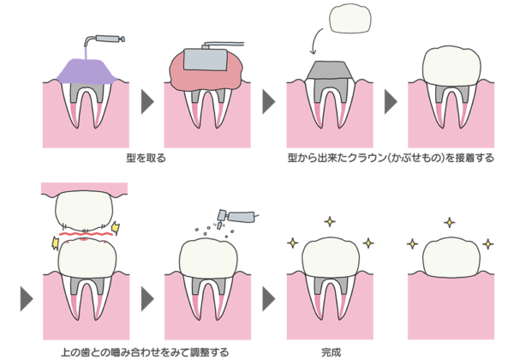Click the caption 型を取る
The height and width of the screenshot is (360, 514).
pyautogui.click(x=146, y=158)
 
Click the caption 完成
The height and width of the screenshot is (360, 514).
pyautogui.click(x=331, y=352)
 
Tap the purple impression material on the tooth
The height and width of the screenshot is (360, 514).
pyautogui.click(x=87, y=71)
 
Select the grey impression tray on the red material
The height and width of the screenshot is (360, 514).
pyautogui.click(x=206, y=59)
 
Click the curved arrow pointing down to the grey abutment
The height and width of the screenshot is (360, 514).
pyautogui.click(x=315, y=41)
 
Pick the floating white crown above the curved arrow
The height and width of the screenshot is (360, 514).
pyautogui.click(x=350, y=18)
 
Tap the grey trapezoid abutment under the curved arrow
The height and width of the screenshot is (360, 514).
pyautogui.click(x=330, y=70)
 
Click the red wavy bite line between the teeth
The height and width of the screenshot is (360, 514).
pyautogui.click(x=86, y=233)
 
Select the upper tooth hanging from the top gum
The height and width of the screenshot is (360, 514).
pyautogui.click(x=84, y=212)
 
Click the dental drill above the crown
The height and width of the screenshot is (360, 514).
pyautogui.click(x=236, y=218)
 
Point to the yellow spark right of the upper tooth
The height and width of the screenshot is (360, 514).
pyautogui.click(x=116, y=227)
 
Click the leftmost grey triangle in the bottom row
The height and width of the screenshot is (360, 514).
pyautogui.click(x=27, y=298)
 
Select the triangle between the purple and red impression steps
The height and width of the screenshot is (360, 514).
pyautogui.click(x=147, y=102)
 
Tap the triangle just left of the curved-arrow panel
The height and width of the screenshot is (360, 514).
pyautogui.click(x=269, y=102)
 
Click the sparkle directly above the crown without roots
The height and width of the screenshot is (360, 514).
pyautogui.click(x=450, y=223)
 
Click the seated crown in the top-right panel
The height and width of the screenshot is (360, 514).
pyautogui.click(x=452, y=67)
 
